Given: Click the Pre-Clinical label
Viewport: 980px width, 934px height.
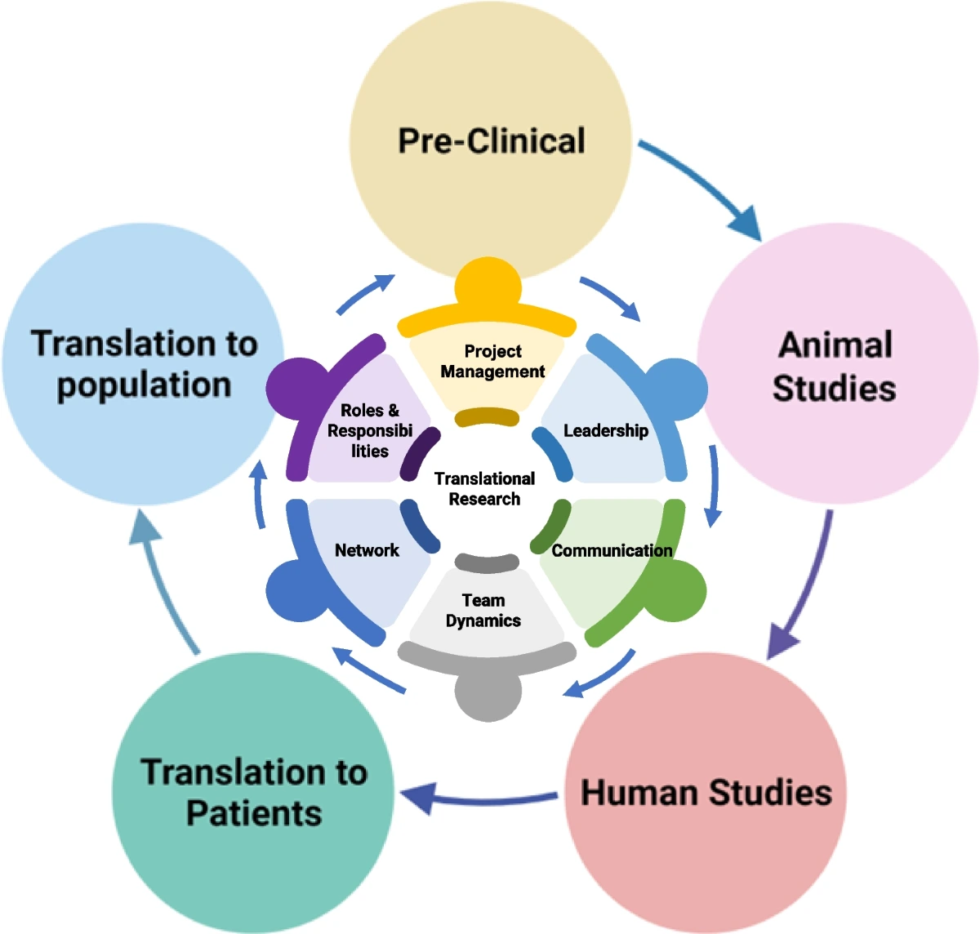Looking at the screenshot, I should pyautogui.click(x=492, y=140).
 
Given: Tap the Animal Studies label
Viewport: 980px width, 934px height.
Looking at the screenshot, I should pyautogui.click(x=835, y=367).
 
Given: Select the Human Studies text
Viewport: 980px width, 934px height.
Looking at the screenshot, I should pyautogui.click(x=706, y=793).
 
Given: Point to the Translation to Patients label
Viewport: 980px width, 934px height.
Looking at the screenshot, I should pyautogui.click(x=254, y=792).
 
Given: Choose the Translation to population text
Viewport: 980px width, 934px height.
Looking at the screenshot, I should pyautogui.click(x=145, y=364).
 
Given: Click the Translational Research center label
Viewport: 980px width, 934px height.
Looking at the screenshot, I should pyautogui.click(x=485, y=488).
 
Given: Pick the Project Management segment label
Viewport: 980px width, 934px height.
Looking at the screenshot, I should pyautogui.click(x=492, y=361).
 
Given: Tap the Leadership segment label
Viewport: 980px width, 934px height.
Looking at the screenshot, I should pyautogui.click(x=606, y=430).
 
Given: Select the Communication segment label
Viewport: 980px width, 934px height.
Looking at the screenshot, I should pyautogui.click(x=612, y=550).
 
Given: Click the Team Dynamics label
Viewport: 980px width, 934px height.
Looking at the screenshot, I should pyautogui.click(x=483, y=610).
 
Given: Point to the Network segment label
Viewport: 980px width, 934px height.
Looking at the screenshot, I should pyautogui.click(x=367, y=549).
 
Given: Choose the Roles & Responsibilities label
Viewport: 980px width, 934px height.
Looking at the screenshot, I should pyautogui.click(x=370, y=430).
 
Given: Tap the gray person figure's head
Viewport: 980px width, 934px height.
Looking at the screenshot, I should pyautogui.click(x=488, y=694).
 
